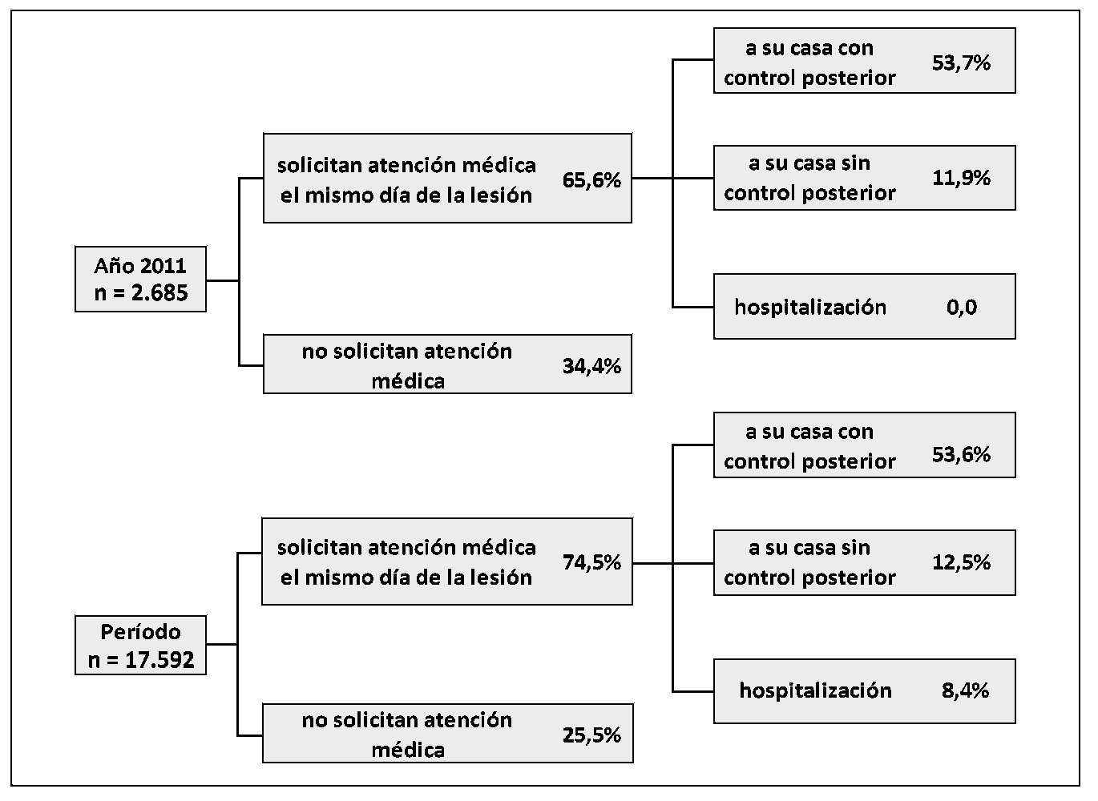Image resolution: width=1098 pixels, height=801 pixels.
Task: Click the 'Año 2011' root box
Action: click(x=140, y=279)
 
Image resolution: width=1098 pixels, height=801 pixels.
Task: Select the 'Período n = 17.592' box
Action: click(x=140, y=646)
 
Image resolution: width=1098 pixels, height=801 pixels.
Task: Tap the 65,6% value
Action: click(x=591, y=180)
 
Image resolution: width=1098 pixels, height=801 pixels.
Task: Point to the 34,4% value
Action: click(x=591, y=366)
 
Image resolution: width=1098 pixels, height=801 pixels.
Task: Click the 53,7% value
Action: click(x=961, y=62)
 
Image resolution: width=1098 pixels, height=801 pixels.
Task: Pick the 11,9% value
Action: click(x=961, y=177)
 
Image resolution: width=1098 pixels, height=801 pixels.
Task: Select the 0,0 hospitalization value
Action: click(x=961, y=308)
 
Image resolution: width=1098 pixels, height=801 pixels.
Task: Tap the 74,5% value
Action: click(x=591, y=562)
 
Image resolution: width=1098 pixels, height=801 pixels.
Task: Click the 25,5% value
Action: click(x=591, y=735)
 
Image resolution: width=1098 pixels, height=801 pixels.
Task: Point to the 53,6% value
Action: click(x=961, y=454)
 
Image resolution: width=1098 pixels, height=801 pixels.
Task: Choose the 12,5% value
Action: click(x=961, y=562)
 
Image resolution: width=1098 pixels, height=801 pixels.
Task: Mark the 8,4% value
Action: click(x=965, y=690)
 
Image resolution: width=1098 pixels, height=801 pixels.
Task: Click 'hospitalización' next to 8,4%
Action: click(x=815, y=690)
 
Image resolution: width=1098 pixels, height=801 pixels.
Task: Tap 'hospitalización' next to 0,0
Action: click(x=810, y=308)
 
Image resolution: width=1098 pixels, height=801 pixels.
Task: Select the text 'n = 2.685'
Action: click(x=141, y=293)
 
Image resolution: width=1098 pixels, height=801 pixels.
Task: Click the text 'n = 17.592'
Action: click(x=141, y=662)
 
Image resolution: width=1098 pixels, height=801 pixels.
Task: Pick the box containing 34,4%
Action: click(x=447, y=364)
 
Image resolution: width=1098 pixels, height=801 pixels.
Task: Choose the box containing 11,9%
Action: click(x=864, y=178)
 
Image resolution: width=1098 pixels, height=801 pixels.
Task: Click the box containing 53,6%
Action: click(x=864, y=445)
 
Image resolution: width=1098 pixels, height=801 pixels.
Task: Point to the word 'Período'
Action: click(x=141, y=632)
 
